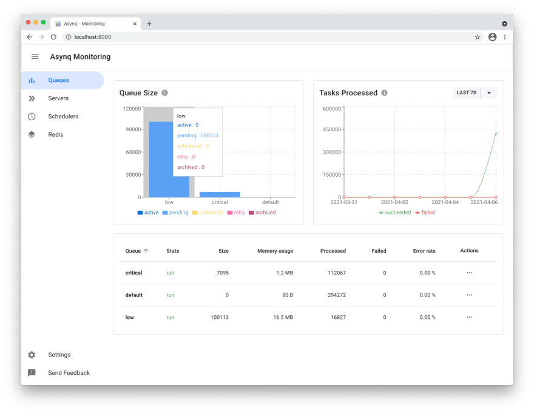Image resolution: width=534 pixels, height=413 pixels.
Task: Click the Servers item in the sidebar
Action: (58, 98)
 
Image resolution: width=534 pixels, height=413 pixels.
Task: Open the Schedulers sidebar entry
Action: (63, 117)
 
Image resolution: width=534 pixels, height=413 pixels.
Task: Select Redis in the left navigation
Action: (56, 135)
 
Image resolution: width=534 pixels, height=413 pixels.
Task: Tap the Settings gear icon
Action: (32, 355)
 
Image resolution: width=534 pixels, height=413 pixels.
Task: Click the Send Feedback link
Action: (69, 373)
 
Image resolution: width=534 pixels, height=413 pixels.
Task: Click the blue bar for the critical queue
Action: (220, 194)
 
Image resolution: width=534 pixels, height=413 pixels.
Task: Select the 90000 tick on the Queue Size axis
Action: (132, 129)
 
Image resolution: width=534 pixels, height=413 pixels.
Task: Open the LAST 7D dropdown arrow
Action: (489, 93)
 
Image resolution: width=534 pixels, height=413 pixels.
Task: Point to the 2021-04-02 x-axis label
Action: (394, 202)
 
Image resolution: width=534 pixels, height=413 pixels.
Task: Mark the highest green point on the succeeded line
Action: (496, 134)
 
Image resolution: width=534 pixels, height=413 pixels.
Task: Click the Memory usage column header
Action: (275, 251)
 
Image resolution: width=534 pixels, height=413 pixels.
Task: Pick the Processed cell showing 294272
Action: (333, 295)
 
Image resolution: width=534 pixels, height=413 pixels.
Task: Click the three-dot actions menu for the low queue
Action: (469, 317)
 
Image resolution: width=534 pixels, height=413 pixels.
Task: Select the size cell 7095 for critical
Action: (223, 273)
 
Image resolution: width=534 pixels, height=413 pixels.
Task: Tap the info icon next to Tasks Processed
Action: (384, 93)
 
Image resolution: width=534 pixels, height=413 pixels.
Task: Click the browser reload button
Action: (53, 37)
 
